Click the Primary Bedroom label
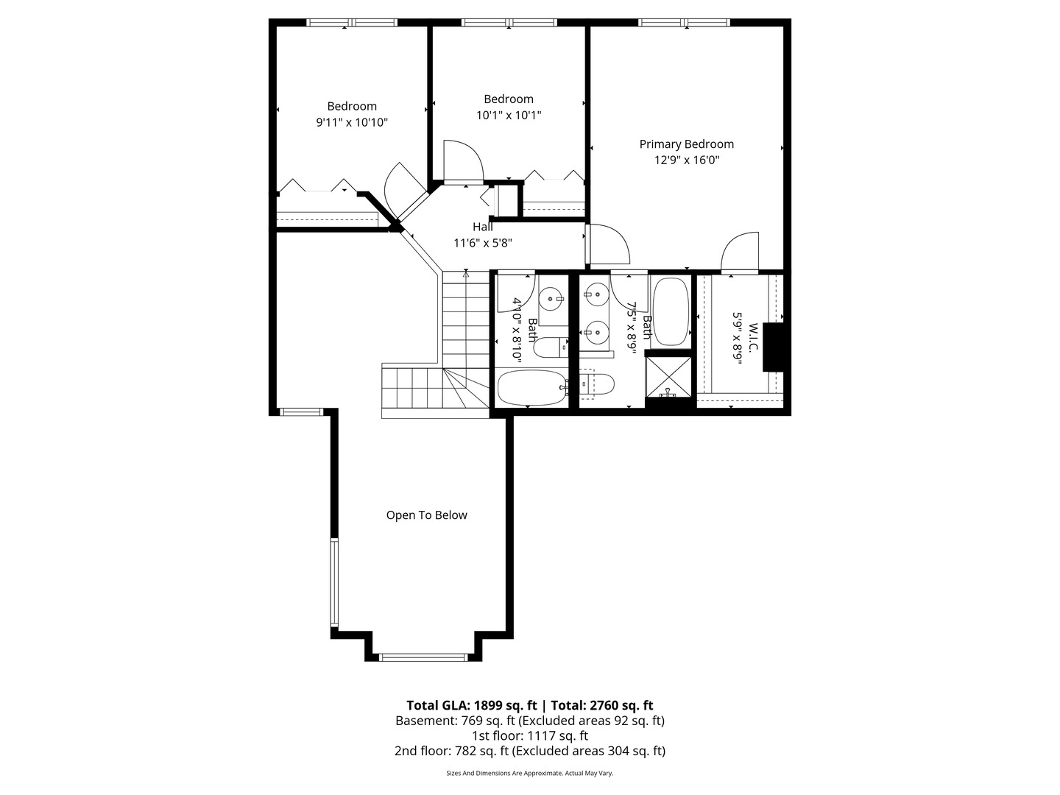coord(686,144)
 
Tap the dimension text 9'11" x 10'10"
coord(352,123)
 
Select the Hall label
coord(483,227)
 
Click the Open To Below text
coord(426,515)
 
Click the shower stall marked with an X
coord(668,378)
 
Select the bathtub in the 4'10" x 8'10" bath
coord(531,387)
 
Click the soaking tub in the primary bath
coord(670,311)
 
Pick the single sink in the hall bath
coord(551,299)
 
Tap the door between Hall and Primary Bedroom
coord(608,245)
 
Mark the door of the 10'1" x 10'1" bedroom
coord(463,161)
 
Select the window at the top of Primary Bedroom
coord(685,23)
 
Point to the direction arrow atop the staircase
coord(466,274)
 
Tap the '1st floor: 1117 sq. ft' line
coord(530,735)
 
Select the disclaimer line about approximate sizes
coord(530,773)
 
